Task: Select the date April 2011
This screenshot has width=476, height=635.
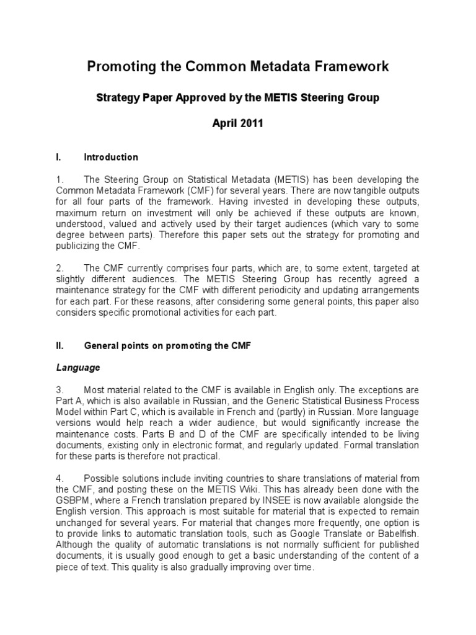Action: click(237, 123)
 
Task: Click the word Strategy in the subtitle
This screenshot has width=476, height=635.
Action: click(118, 97)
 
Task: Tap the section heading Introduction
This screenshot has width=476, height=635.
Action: click(111, 157)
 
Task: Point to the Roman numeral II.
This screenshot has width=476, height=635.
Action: click(59, 345)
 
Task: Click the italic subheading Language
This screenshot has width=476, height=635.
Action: click(77, 368)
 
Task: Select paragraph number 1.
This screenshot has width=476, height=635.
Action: click(59, 179)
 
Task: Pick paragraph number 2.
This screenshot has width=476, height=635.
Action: click(59, 268)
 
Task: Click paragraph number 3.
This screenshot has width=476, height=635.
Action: click(59, 389)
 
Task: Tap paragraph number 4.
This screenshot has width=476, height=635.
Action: click(59, 478)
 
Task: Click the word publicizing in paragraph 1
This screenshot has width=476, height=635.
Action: click(81, 246)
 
